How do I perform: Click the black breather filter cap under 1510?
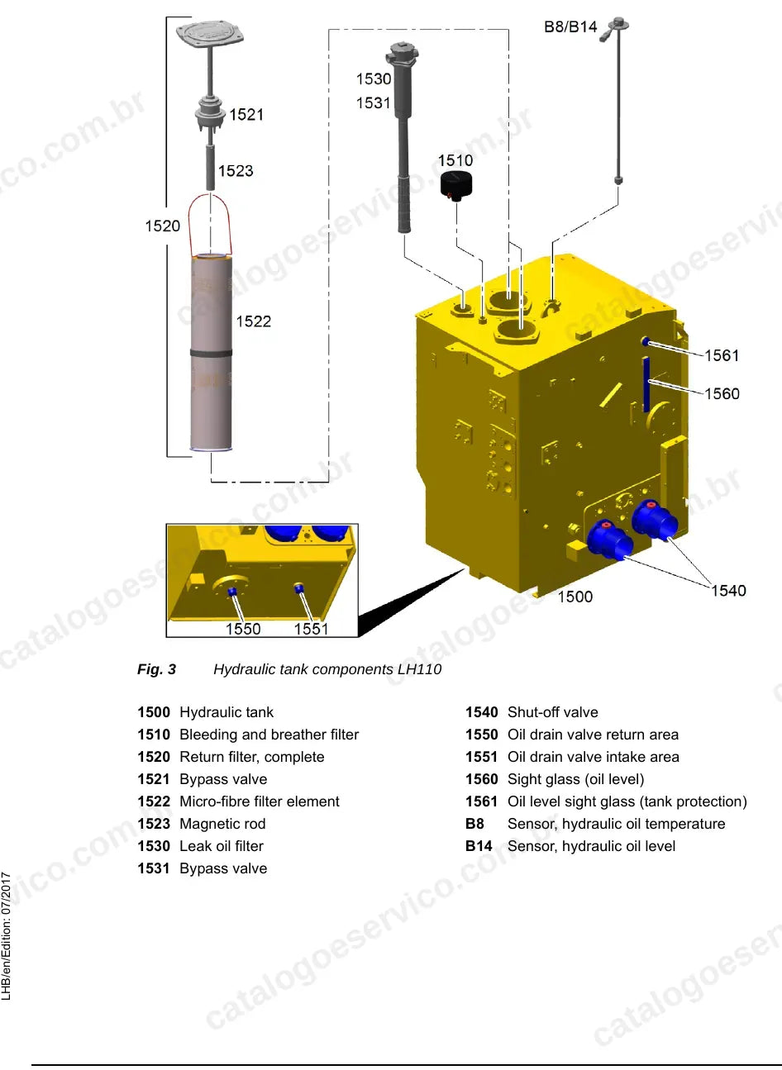point(456,185)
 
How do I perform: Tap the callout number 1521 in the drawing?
point(246,115)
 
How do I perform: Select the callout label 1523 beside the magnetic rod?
point(236,171)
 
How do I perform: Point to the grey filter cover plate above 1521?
point(210,33)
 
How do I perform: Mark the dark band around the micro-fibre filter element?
point(211,353)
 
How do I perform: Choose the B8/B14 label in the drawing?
point(570,26)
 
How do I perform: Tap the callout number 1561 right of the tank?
point(722,355)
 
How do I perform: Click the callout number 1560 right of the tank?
point(722,393)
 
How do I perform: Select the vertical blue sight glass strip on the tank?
point(646,384)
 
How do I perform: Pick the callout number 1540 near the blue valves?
point(728,591)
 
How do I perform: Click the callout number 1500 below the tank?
point(575,597)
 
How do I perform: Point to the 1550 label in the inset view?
point(243,629)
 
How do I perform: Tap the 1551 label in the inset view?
point(311,629)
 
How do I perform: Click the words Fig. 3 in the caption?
point(156,669)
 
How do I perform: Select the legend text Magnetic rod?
point(222,824)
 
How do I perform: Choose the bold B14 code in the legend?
point(479,846)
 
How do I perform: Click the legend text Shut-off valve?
point(552,712)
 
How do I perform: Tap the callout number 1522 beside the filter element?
point(253,321)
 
